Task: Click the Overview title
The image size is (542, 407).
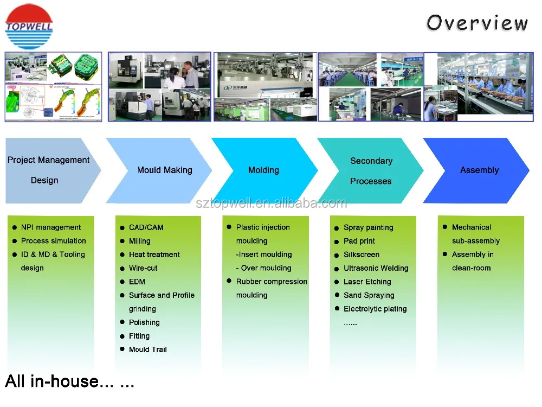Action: click(x=477, y=23)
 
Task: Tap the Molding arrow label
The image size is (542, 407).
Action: click(x=264, y=170)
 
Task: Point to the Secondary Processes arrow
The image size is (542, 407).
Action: click(x=371, y=170)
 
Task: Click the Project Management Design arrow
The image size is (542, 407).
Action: click(x=49, y=170)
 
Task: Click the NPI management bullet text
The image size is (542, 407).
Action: click(x=51, y=227)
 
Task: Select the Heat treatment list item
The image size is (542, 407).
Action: click(x=154, y=255)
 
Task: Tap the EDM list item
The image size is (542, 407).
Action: click(x=137, y=282)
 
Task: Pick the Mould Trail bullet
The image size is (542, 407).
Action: click(x=148, y=349)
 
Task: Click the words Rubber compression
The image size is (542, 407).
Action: click(x=272, y=282)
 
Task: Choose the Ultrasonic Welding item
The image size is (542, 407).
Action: click(x=376, y=268)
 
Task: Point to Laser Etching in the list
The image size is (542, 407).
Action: click(x=367, y=282)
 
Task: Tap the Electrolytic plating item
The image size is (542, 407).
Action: click(x=375, y=309)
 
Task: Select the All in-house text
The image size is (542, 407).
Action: click(x=69, y=381)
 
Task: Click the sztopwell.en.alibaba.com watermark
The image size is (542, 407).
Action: click(x=271, y=203)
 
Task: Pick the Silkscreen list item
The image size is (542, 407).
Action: click(x=362, y=255)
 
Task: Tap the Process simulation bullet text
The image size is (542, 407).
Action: click(x=54, y=241)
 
